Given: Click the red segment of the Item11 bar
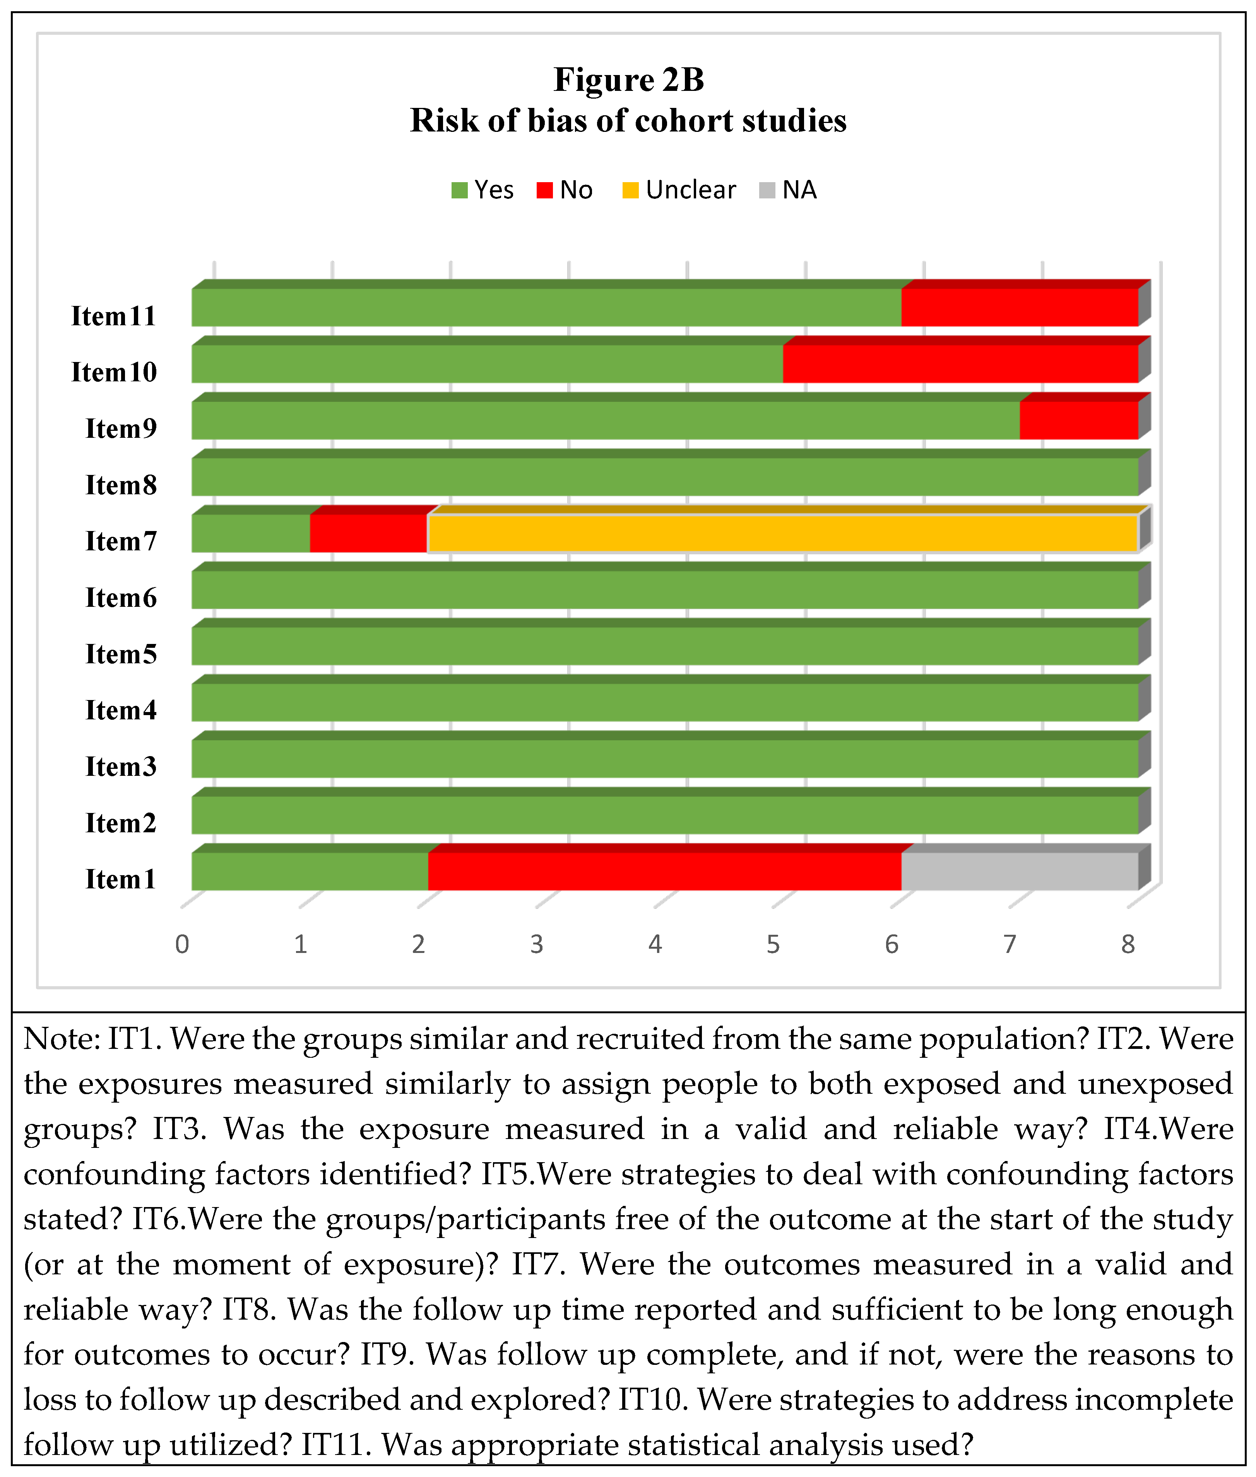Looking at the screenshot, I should click(x=1020, y=307).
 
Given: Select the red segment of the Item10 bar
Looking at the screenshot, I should click(x=960, y=363).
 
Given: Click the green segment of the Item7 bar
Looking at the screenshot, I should click(x=251, y=533).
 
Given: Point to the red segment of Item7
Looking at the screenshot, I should click(x=368, y=533).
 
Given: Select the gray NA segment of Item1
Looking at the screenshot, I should click(x=1020, y=871).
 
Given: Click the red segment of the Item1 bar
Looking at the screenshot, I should click(x=664, y=871).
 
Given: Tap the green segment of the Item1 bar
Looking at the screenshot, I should click(x=310, y=871).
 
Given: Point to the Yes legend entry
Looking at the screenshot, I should click(x=483, y=190).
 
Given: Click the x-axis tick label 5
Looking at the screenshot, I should click(x=773, y=944).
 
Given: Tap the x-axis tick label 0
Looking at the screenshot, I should click(x=182, y=944).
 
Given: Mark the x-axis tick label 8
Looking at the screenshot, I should click(x=1128, y=944).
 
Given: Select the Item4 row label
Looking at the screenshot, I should click(x=121, y=710).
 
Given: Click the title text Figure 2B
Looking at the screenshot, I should click(x=629, y=80).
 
